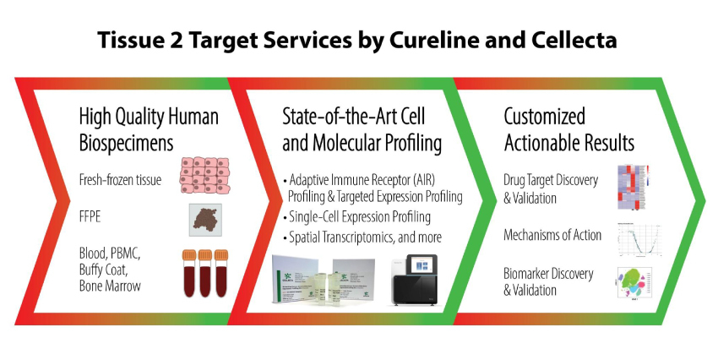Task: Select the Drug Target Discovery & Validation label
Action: pyautogui.click(x=549, y=188)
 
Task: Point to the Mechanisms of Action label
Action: pyautogui.click(x=552, y=235)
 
